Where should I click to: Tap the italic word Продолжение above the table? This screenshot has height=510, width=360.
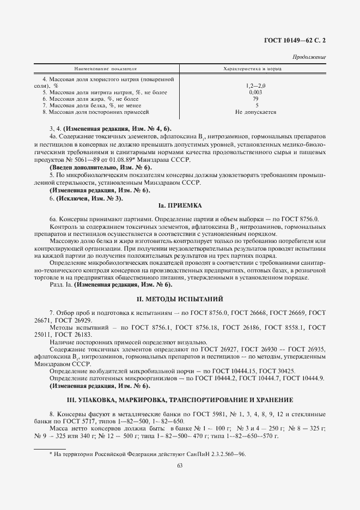pyautogui.click(x=309, y=57)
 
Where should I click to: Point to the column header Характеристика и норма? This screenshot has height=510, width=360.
pyautogui.click(x=255, y=70)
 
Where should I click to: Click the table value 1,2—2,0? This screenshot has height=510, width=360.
pyautogui.click(x=255, y=86)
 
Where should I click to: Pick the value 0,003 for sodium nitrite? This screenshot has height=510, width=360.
pyautogui.click(x=255, y=93)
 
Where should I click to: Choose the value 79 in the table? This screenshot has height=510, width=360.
pyautogui.click(x=255, y=99)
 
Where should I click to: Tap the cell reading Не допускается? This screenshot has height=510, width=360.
pyautogui.click(x=255, y=112)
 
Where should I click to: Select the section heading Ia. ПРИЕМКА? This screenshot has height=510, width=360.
pyautogui.click(x=180, y=206)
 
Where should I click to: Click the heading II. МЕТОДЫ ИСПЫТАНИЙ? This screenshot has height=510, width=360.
pyautogui.click(x=180, y=300)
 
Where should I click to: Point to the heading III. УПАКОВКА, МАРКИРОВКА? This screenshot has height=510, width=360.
pyautogui.click(x=180, y=399)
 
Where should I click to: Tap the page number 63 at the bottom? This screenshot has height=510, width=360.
pyautogui.click(x=180, y=465)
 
